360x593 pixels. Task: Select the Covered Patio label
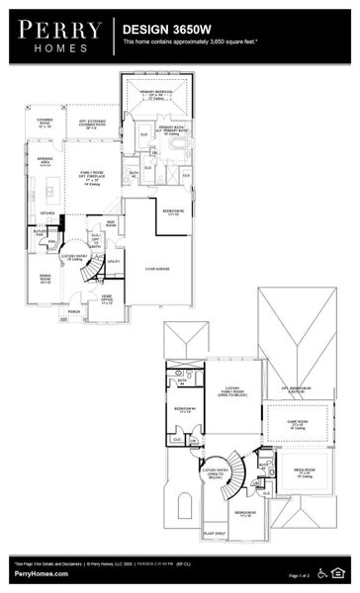(45, 125)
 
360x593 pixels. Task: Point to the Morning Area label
(45, 162)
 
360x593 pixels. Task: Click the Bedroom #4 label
(184, 410)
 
